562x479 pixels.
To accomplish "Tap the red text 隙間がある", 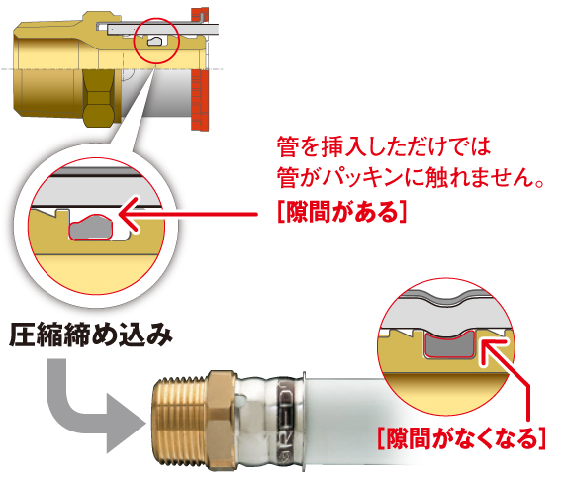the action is (342, 212).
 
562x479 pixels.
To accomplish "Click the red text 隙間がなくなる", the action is (462, 437).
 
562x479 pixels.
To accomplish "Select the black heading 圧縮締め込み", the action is (91, 335).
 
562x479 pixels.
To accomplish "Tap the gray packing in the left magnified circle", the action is (91, 228).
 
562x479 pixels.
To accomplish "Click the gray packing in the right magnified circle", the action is (449, 344).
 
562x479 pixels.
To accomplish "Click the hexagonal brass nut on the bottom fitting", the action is (222, 421).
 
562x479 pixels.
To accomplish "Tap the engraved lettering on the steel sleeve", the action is (286, 421).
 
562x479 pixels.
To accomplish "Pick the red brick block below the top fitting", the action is (200, 100).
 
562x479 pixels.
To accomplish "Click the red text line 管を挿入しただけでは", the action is (384, 146).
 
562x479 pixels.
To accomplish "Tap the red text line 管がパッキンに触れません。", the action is (411, 177).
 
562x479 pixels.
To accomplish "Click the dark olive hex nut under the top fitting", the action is (100, 98).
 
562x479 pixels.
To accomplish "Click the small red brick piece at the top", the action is (200, 14).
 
